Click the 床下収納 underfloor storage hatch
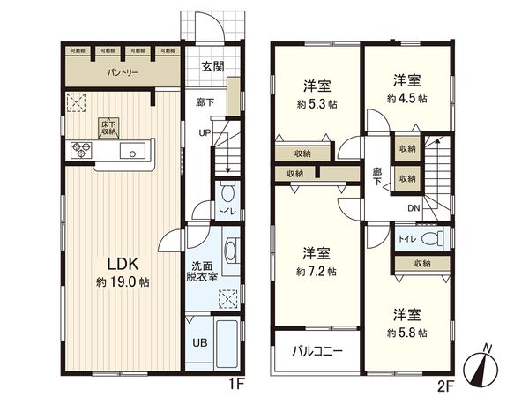tap(108, 128)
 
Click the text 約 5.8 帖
tap(407, 333)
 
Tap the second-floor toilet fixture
tap(429, 238)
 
